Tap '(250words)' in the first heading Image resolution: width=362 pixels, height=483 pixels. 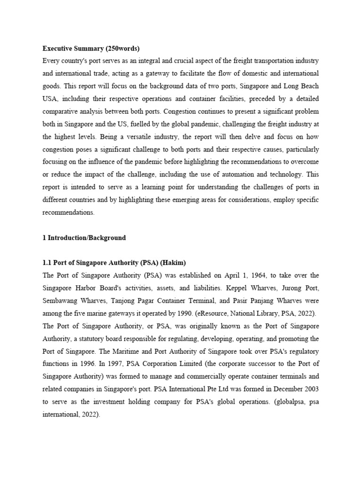[x=123, y=48]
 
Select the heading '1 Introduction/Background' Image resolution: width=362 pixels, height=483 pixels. [x=84, y=238]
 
